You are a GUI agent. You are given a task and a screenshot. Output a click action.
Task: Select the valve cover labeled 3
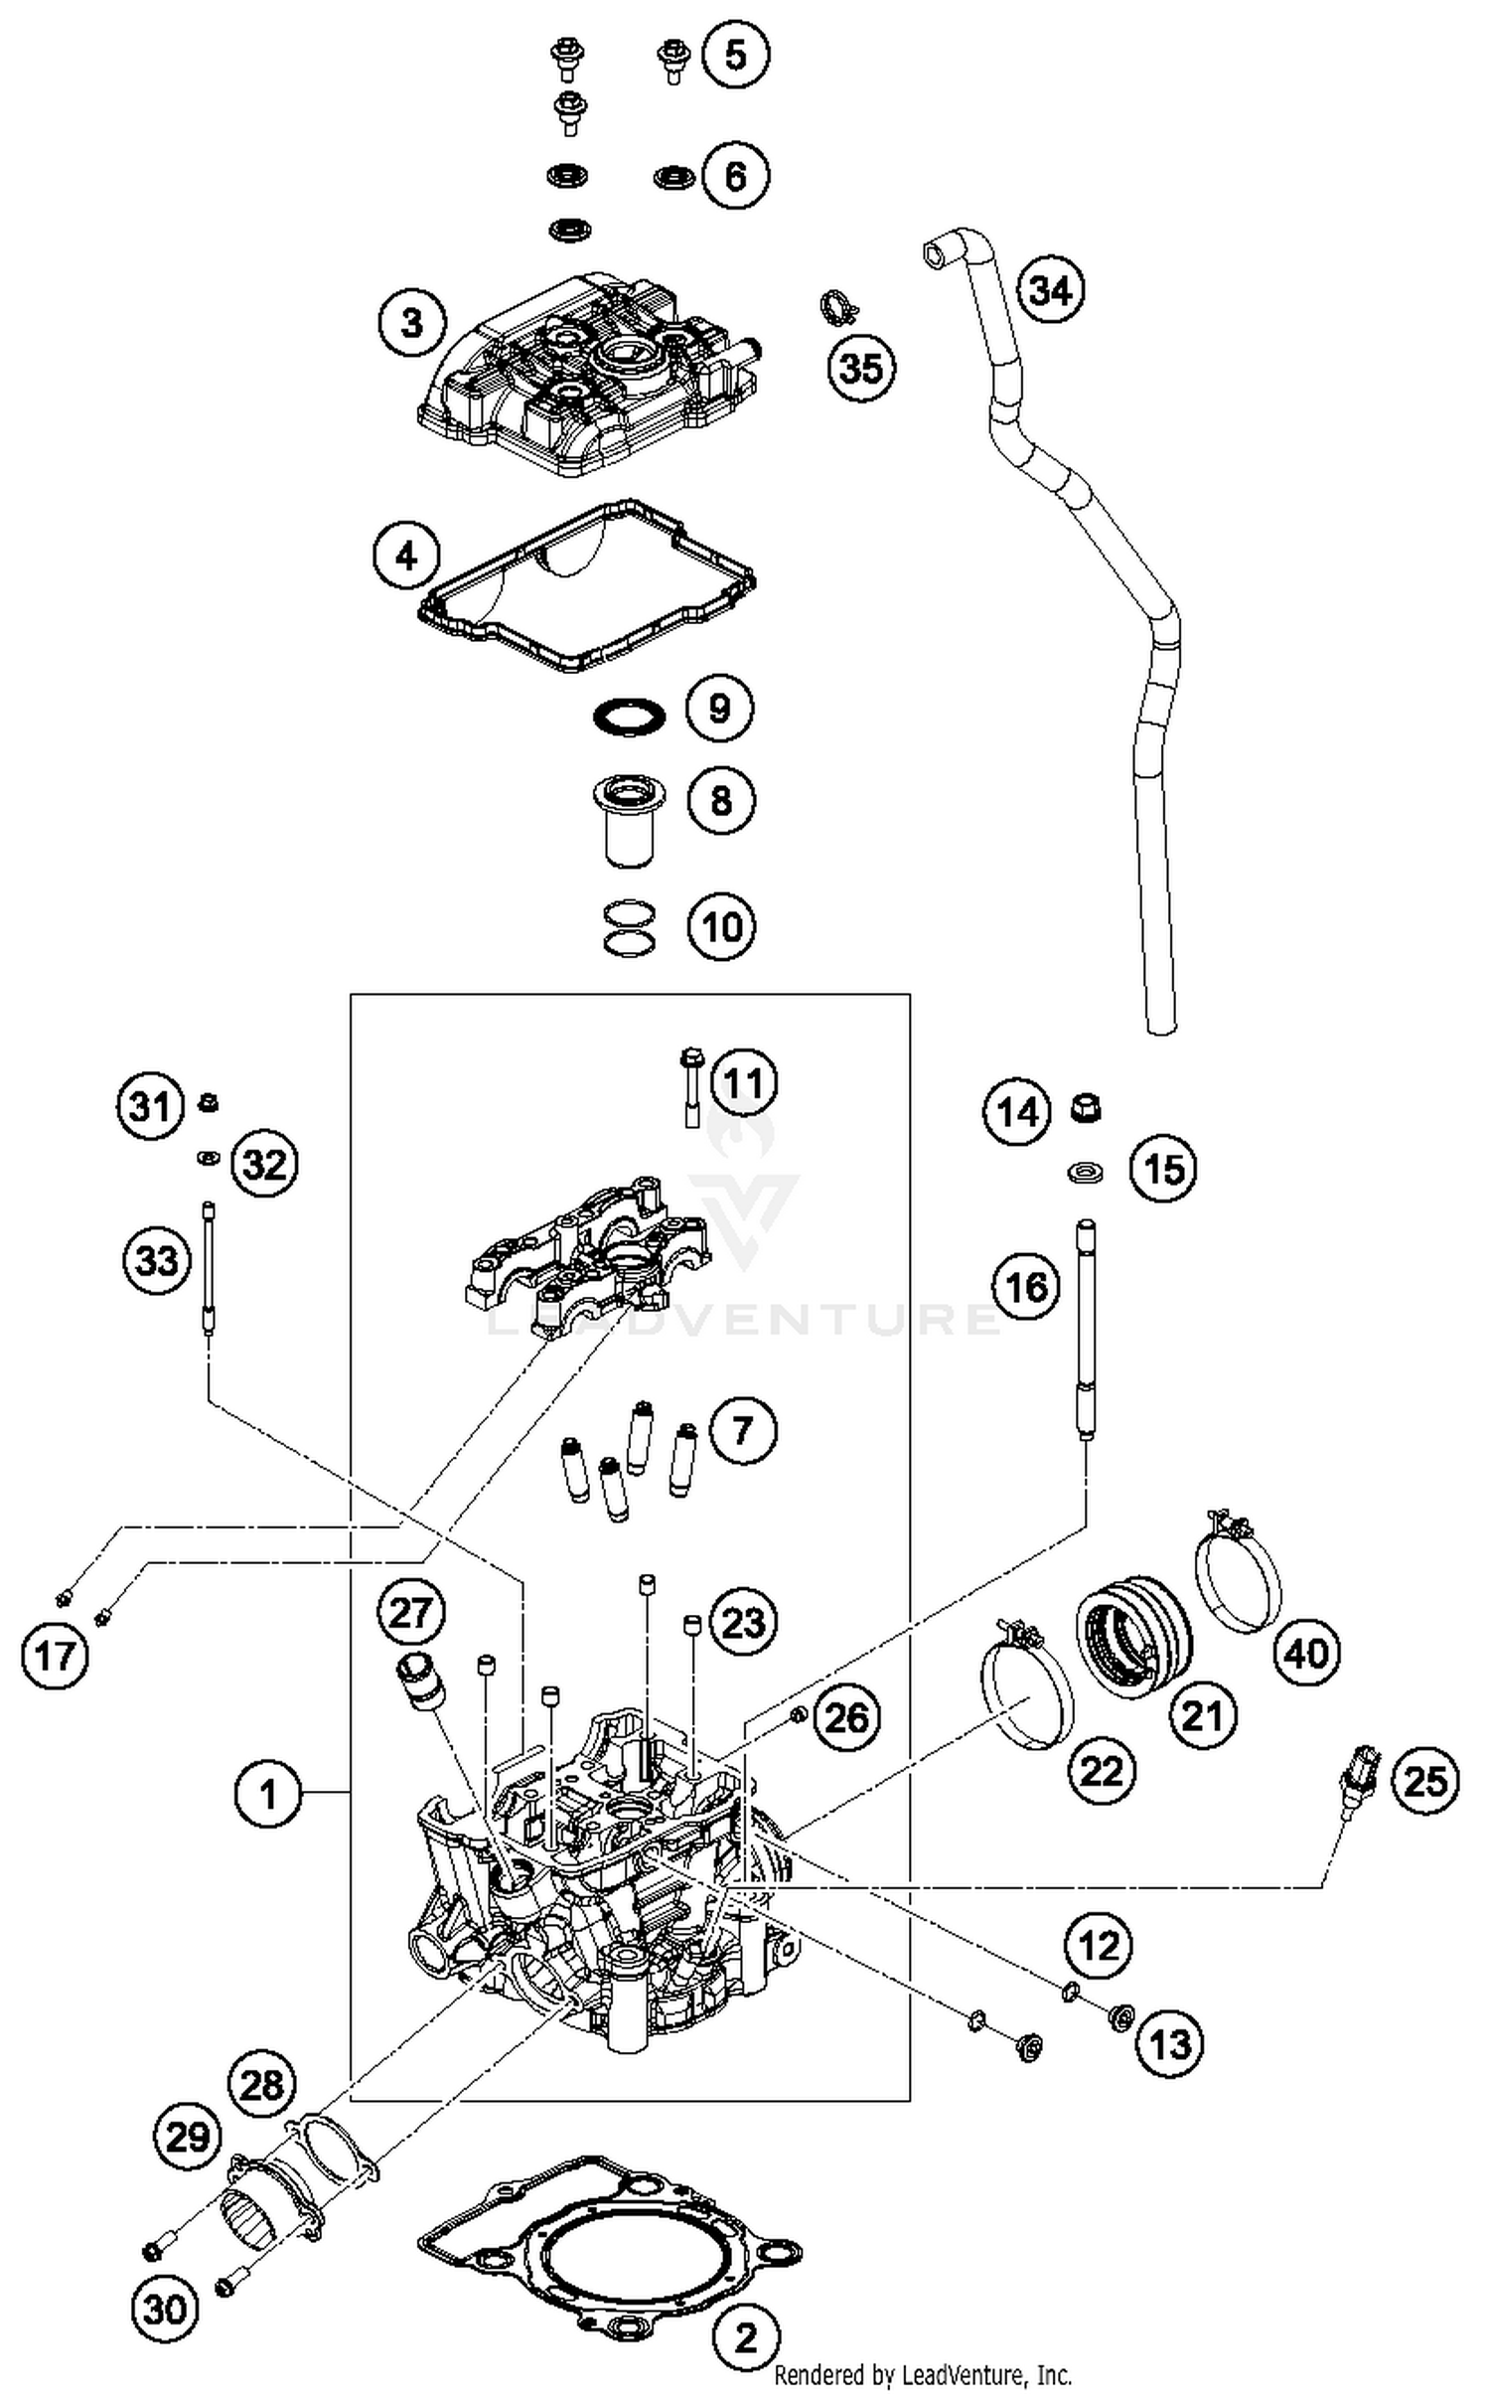[586, 378]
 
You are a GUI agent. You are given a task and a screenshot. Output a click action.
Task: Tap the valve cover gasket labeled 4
[586, 586]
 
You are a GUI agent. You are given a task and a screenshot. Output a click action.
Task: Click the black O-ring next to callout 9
[628, 716]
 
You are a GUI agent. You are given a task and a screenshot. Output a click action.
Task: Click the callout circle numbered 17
[55, 1656]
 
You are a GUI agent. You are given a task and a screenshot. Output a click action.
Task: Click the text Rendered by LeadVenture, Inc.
[923, 2375]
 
